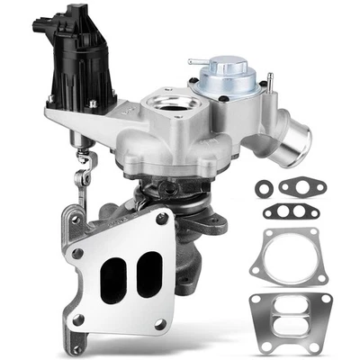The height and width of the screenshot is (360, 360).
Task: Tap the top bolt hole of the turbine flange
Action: tap(161, 219)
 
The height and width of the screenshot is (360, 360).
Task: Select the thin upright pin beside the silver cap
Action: tap(266, 88)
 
